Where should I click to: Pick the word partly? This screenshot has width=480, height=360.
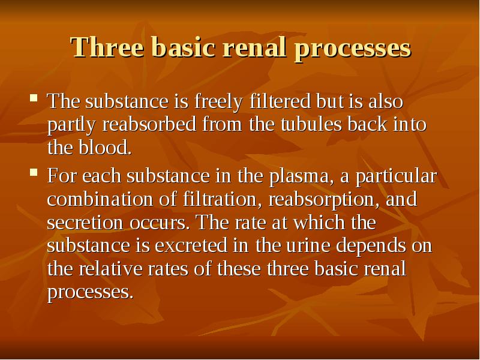pos(71,126)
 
